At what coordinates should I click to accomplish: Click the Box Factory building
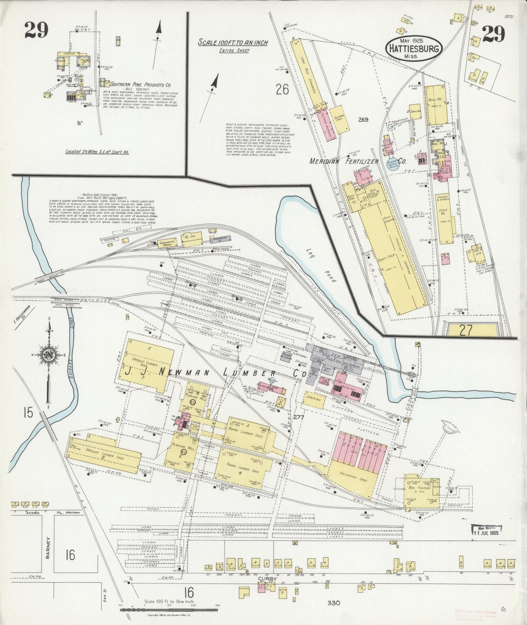[x=422, y=491]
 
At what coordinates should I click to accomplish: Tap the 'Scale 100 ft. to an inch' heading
[x=233, y=43]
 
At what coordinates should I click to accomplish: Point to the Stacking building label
[x=314, y=399]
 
